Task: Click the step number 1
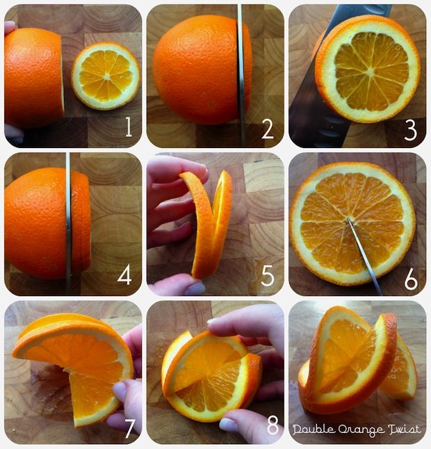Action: click(129, 127)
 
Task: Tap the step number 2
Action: click(268, 129)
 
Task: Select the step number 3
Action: click(410, 130)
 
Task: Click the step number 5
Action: click(268, 276)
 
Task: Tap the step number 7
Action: click(129, 429)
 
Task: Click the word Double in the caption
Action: click(314, 430)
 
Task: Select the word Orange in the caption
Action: click(361, 430)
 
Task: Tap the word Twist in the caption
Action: click(404, 430)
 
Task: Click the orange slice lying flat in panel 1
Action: click(106, 76)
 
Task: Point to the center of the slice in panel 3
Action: click(370, 72)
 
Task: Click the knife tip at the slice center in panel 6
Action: click(348, 219)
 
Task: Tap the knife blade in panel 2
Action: click(241, 75)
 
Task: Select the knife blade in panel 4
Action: click(68, 223)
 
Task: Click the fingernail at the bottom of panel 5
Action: click(195, 288)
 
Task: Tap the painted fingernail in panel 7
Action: click(120, 391)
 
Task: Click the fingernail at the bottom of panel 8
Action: click(228, 425)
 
